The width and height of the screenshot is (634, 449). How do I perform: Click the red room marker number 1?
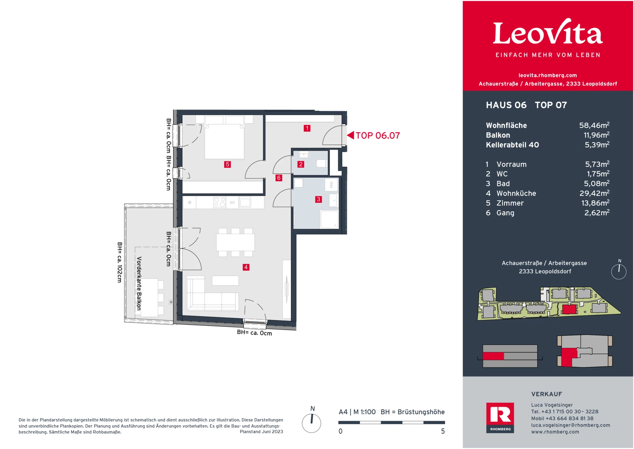[x=307, y=128]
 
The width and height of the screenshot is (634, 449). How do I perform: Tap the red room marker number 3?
[x=318, y=199]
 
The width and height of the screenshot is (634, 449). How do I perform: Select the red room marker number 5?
[x=227, y=164]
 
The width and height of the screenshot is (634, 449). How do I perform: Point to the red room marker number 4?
[x=246, y=267]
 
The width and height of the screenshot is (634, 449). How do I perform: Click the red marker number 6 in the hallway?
[x=279, y=178]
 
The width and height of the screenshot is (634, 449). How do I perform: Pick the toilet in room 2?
[x=322, y=163]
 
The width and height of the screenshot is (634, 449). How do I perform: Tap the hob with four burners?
[x=220, y=202]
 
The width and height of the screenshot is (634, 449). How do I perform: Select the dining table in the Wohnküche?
[x=235, y=242]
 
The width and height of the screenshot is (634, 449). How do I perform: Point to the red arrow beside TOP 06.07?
[x=350, y=135]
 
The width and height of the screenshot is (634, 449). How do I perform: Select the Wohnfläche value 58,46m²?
[x=594, y=125]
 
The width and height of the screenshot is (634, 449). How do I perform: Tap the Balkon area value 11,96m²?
[x=596, y=135]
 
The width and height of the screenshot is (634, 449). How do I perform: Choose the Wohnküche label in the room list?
[x=516, y=193]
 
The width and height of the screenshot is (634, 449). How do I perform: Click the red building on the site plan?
[x=569, y=309]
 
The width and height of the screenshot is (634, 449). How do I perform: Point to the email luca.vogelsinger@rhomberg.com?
[x=571, y=425]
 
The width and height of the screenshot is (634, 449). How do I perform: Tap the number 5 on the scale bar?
[x=443, y=431]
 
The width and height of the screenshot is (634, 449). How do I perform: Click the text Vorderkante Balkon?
[x=139, y=283]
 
